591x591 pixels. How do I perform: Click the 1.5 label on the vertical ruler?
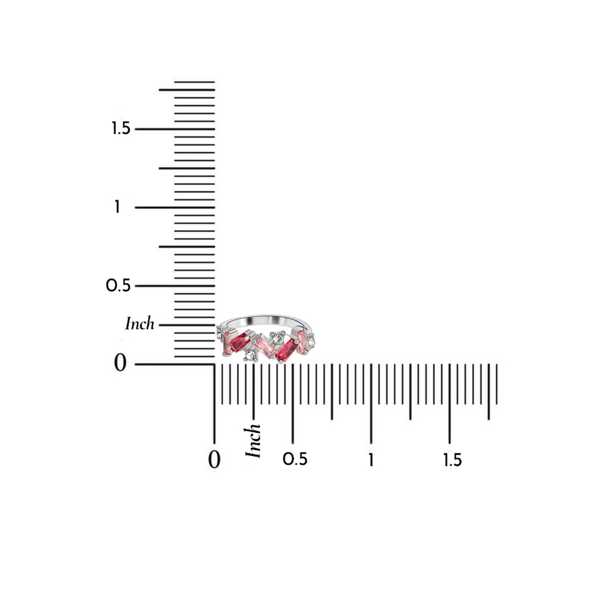click(121, 128)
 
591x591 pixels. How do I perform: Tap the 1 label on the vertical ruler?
click(117, 207)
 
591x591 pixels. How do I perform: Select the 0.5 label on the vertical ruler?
click(118, 285)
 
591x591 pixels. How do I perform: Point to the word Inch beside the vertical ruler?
click(140, 324)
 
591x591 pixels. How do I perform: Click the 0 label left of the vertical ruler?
click(120, 363)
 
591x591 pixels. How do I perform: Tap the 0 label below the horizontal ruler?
click(214, 460)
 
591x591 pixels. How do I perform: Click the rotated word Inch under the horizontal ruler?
click(253, 441)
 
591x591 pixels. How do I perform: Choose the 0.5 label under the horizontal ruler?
click(295, 459)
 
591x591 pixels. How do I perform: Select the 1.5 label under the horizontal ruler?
click(452, 460)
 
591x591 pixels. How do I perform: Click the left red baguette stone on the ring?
click(240, 342)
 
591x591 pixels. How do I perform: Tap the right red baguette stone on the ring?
click(287, 350)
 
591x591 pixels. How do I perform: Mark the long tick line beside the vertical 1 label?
click(175, 207)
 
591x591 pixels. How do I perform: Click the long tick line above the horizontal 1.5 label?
click(449, 404)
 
